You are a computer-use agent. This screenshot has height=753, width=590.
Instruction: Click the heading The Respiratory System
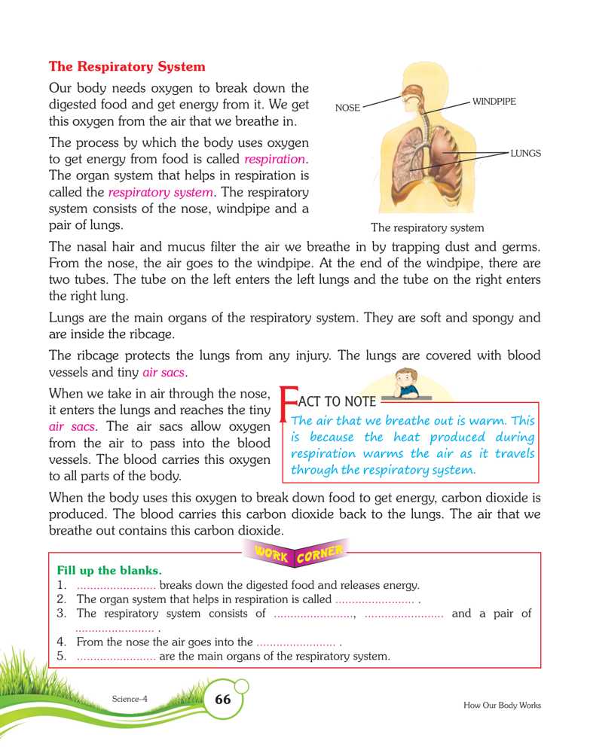click(x=127, y=67)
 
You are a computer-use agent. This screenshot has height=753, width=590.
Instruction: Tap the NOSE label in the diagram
click(x=347, y=108)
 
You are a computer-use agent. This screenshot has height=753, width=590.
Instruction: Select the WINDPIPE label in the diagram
click(x=494, y=101)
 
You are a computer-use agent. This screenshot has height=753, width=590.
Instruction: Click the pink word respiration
click(x=276, y=160)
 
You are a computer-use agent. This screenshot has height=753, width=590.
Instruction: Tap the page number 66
click(x=223, y=700)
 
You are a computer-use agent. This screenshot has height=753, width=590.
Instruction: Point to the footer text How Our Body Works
click(x=502, y=706)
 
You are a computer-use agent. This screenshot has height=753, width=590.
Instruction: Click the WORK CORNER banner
click(x=295, y=553)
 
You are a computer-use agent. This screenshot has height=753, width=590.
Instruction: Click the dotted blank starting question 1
click(x=116, y=586)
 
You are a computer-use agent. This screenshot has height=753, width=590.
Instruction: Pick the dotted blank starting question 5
click(x=116, y=657)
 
